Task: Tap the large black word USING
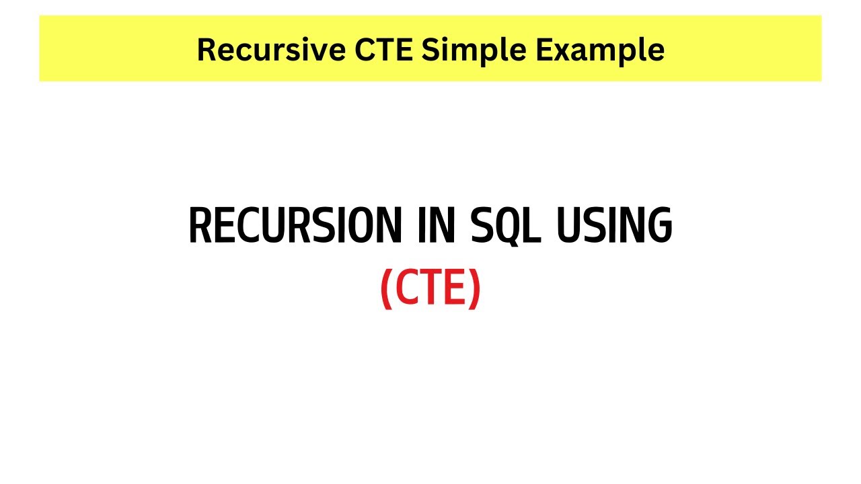pyautogui.click(x=613, y=226)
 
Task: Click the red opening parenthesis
pyautogui.click(x=385, y=288)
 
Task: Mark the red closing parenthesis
pyautogui.click(x=475, y=288)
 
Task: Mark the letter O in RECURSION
pyautogui.click(x=360, y=226)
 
